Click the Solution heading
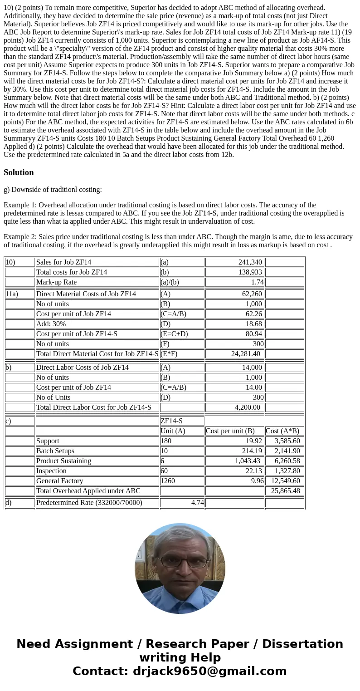coord(19,172)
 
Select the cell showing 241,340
coord(250,262)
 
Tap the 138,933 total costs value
coord(250,272)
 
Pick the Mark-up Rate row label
coord(56,282)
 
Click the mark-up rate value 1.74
coord(257,282)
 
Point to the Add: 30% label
coord(51,323)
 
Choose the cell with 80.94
coord(253,333)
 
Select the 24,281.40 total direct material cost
coord(245,353)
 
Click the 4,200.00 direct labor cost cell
coord(247,407)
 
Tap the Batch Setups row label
coord(55,451)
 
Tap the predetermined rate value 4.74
coord(193,502)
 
